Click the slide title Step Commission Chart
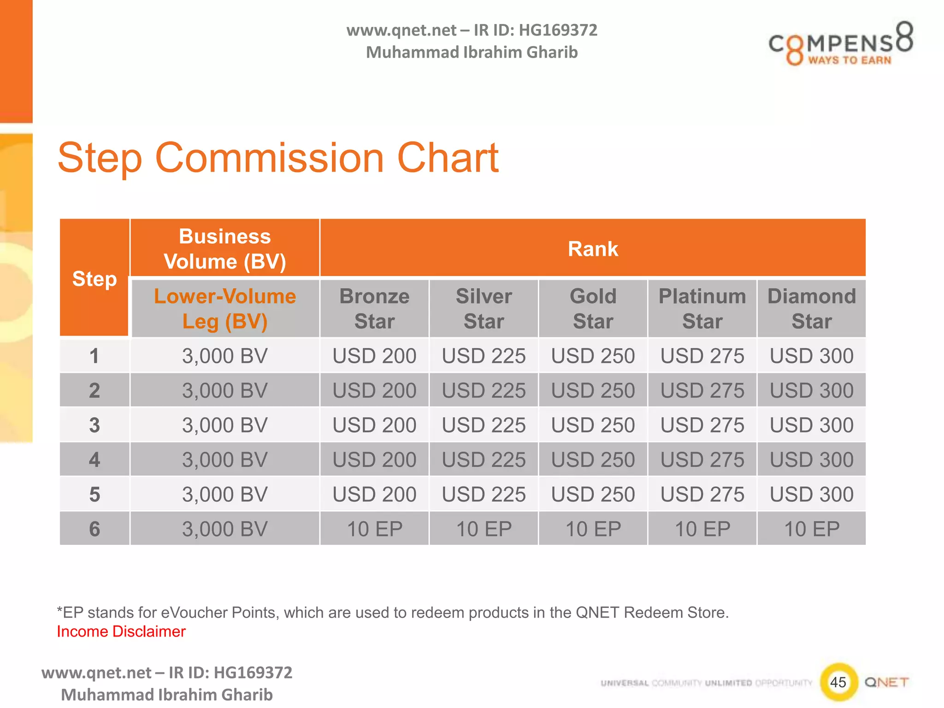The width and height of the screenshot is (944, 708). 278,158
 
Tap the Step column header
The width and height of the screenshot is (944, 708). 94,279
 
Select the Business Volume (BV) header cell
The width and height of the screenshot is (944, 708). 225,249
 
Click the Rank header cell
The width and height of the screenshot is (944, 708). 593,249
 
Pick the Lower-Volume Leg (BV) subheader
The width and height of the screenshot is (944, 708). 225,309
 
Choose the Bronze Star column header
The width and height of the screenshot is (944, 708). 374,309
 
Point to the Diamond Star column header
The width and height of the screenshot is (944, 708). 811,309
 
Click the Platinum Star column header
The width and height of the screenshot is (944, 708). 702,309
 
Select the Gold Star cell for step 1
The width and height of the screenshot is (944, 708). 593,356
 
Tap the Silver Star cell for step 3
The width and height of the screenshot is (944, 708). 484,425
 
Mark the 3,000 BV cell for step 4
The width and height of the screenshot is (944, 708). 225,460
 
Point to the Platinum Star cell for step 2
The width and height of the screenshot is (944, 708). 702,390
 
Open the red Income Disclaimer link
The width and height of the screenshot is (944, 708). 121,631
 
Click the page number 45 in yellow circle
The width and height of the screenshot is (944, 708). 838,682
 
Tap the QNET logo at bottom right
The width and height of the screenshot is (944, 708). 886,682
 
